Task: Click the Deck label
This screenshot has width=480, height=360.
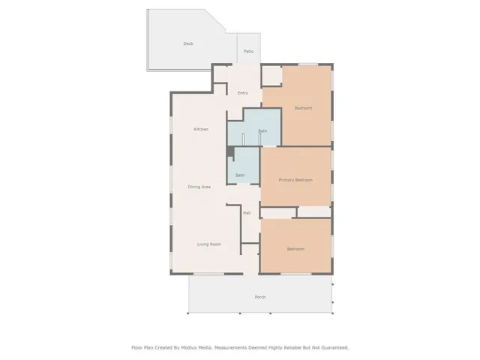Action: [x=188, y=43]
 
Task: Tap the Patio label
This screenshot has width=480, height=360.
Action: [x=248, y=52]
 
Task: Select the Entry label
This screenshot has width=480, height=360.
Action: [x=242, y=93]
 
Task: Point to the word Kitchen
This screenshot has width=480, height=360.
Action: [x=201, y=130]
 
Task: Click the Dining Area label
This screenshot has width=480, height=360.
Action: [x=199, y=187]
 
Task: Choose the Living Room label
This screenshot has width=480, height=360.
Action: [x=208, y=244]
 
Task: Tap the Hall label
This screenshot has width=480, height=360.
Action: [x=247, y=213]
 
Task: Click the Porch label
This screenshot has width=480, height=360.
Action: [x=260, y=297]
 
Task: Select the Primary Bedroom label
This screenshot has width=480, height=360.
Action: [x=295, y=180]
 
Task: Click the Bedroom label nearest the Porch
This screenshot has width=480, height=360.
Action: [x=295, y=249]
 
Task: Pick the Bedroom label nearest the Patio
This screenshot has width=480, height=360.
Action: [x=303, y=109]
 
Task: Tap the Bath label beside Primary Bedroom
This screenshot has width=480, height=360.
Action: [x=240, y=175]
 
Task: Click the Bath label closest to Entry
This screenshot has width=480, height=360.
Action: [x=262, y=131]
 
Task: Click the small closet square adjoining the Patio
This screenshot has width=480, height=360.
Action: [x=271, y=76]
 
